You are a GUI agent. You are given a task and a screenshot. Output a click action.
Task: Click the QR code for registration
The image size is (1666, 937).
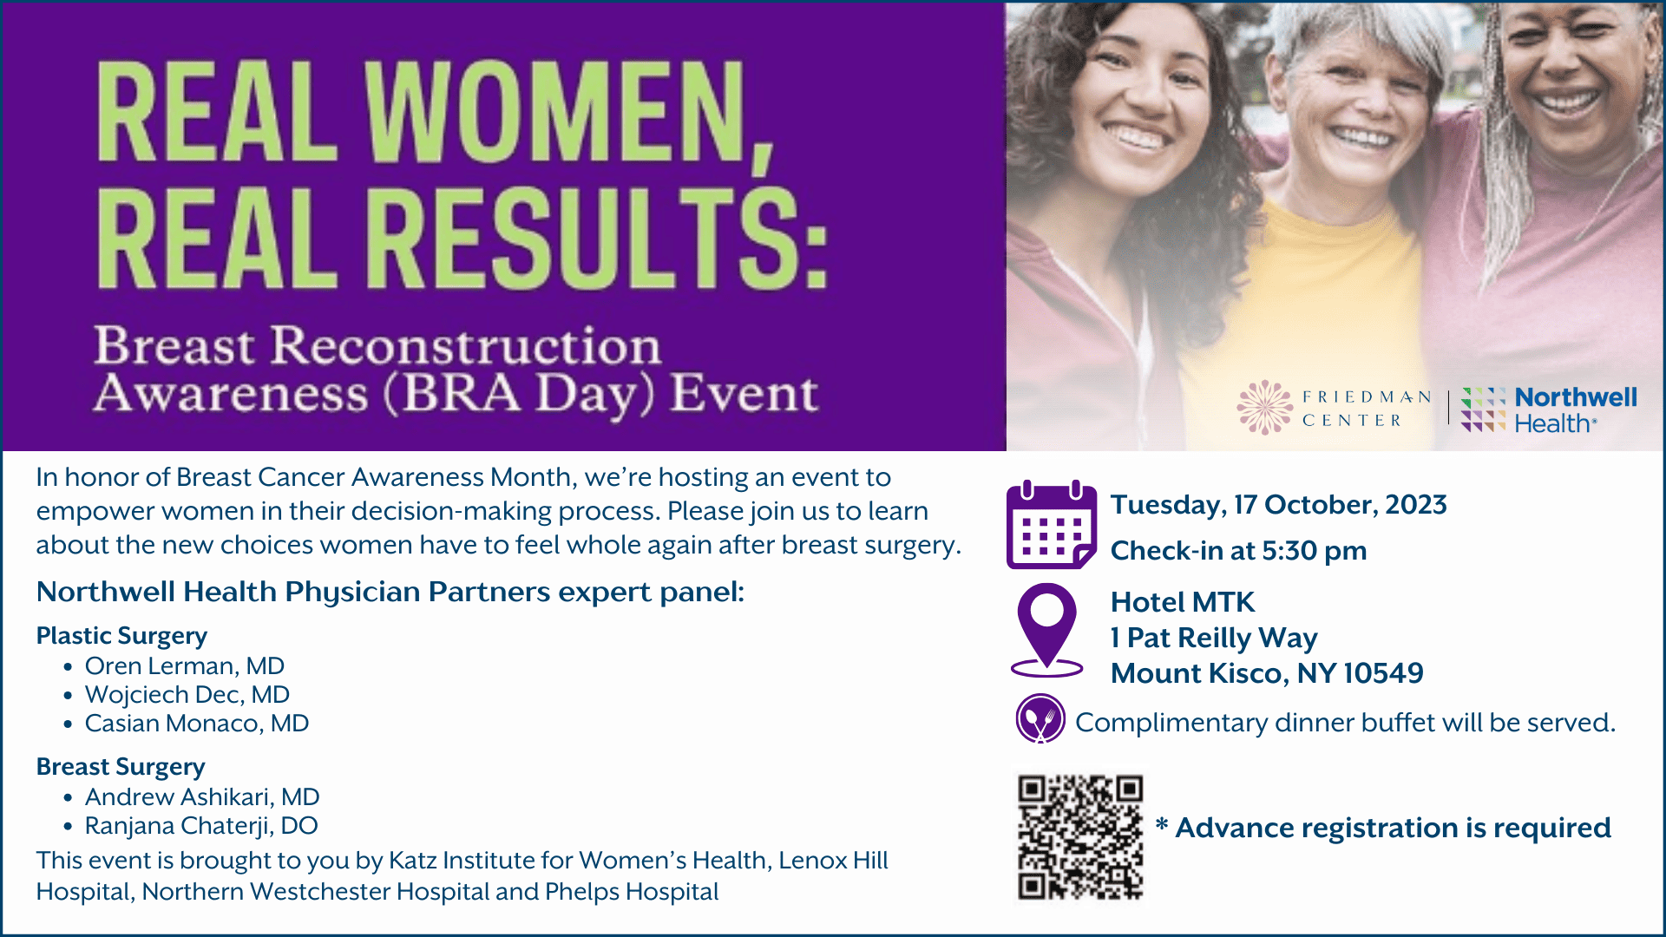[x=1080, y=837]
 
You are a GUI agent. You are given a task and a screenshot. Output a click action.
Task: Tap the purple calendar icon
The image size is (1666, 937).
[x=1052, y=524]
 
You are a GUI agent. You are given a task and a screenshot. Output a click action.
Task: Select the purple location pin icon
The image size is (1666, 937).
[x=1047, y=630]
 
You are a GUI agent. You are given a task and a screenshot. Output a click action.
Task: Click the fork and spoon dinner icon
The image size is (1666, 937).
[x=1040, y=719]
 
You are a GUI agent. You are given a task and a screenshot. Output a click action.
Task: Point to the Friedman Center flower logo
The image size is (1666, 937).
[x=1265, y=407]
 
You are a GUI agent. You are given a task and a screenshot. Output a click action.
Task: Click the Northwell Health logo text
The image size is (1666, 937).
[x=1576, y=410]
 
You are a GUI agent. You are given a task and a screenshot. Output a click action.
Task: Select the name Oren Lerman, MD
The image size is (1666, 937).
[x=185, y=665]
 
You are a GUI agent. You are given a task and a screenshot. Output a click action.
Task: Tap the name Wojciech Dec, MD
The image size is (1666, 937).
[x=187, y=694]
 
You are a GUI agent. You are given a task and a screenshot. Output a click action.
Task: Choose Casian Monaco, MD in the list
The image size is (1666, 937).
[x=197, y=723]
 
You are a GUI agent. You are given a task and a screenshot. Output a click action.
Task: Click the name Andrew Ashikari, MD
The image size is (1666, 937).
[x=202, y=796]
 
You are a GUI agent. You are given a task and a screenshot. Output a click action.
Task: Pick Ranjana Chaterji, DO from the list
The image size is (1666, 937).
[x=201, y=825]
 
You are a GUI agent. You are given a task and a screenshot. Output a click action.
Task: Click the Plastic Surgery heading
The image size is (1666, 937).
[x=121, y=636]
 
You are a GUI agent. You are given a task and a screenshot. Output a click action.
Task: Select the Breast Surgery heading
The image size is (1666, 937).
[x=121, y=767]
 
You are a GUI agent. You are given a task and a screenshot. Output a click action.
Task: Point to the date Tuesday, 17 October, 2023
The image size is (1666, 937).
[x=1279, y=505]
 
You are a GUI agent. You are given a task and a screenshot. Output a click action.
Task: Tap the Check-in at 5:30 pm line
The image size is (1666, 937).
[x=1239, y=551]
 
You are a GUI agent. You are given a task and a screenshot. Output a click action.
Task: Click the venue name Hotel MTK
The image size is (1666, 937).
[x=1183, y=602]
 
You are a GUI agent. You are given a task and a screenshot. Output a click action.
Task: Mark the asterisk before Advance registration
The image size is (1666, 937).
[x=1162, y=823]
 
